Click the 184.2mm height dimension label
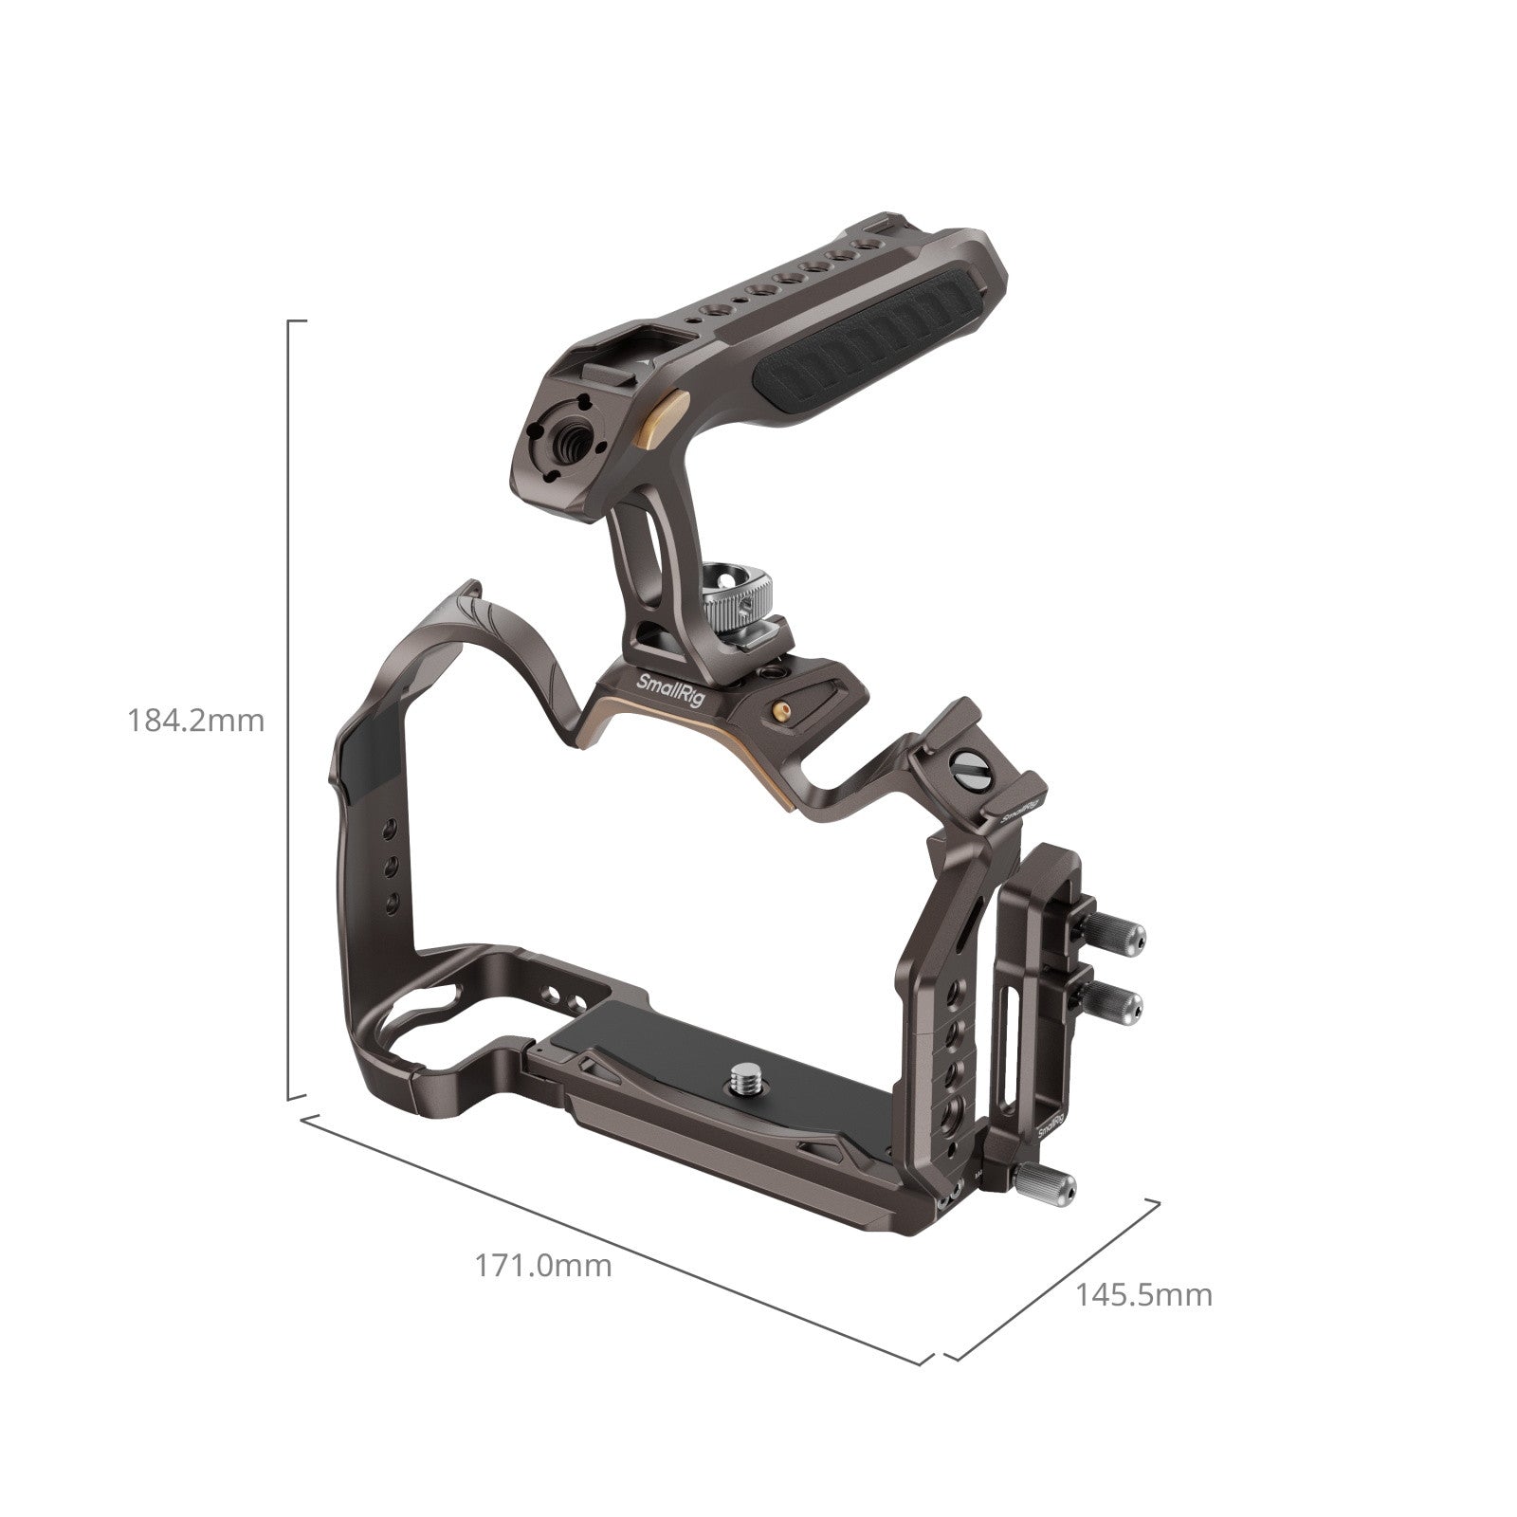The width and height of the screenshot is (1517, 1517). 196,721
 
